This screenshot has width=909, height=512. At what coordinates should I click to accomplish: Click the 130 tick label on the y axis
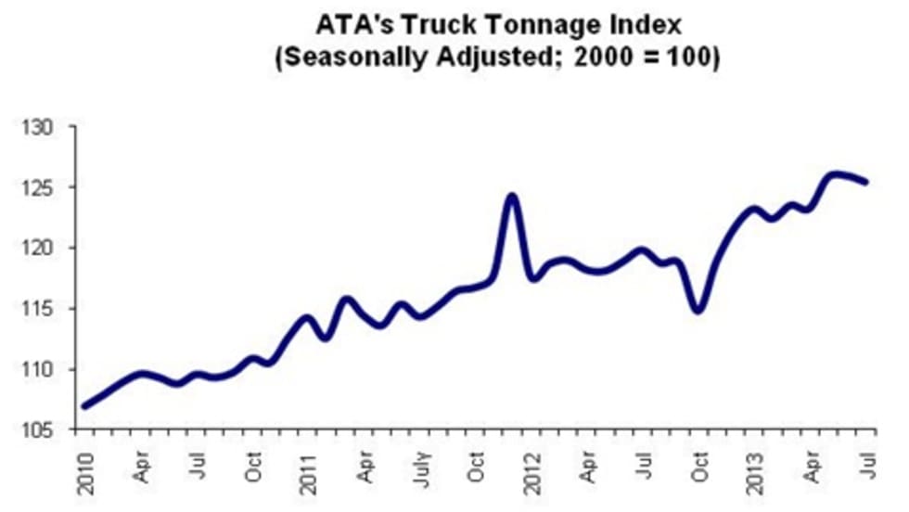pyautogui.click(x=43, y=127)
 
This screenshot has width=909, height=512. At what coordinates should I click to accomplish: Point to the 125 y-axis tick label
pyautogui.click(x=43, y=187)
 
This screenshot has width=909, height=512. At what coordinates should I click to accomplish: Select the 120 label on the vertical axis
pyautogui.click(x=43, y=249)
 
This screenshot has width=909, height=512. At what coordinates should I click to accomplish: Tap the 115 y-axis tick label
pyautogui.click(x=43, y=309)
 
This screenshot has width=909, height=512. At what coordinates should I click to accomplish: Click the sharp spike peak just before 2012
pyautogui.click(x=511, y=196)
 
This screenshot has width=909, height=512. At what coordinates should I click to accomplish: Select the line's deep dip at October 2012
pyautogui.click(x=698, y=310)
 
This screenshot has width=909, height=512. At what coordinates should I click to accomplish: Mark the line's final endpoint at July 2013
pyautogui.click(x=865, y=182)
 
